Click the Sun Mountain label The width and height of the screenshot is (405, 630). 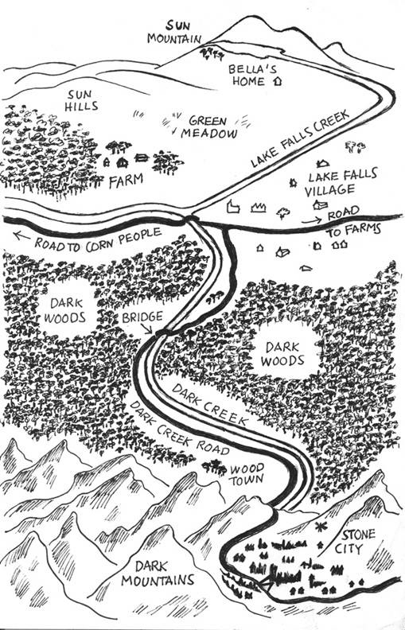click(174, 33)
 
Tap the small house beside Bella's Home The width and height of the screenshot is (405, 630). click(277, 81)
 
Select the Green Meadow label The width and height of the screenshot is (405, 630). click(208, 127)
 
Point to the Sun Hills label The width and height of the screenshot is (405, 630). click(82, 100)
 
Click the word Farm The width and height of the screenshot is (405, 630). click(127, 181)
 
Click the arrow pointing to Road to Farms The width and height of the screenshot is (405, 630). click(312, 220)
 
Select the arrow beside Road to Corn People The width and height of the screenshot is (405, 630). click(21, 235)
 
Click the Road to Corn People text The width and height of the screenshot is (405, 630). click(98, 240)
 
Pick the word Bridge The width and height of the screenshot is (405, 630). click(142, 317)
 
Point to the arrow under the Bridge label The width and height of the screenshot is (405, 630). click(147, 329)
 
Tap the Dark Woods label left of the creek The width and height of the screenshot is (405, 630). click(64, 310)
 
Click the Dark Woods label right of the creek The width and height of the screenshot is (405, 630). click(282, 353)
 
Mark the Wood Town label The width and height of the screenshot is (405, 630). click(247, 474)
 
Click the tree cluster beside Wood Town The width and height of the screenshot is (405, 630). click(214, 467)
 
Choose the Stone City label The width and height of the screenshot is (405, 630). click(352, 541)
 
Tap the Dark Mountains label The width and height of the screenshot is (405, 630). click(158, 573)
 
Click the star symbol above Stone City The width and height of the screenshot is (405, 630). click(321, 526)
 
